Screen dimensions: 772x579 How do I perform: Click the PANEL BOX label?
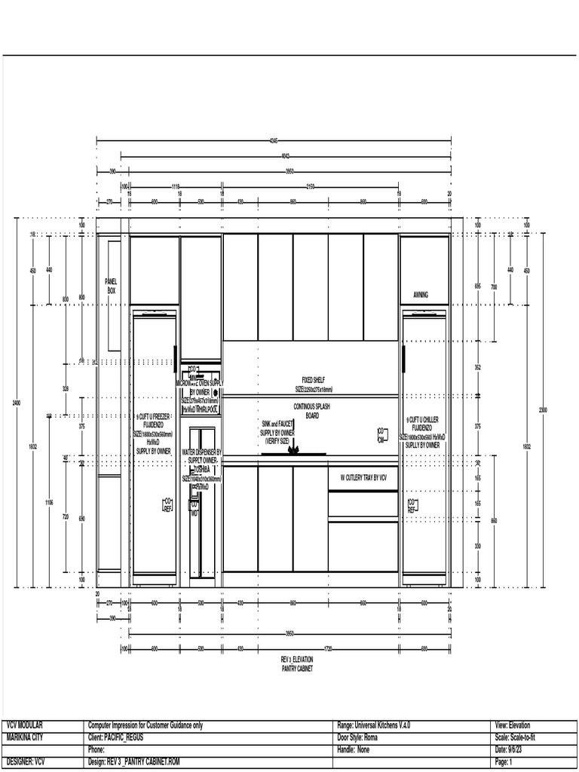coord(111,284)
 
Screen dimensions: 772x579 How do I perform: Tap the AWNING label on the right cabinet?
coord(421,295)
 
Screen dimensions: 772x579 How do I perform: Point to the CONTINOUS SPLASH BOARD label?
coord(312,410)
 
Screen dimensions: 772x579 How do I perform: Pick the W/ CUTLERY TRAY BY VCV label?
coord(363,477)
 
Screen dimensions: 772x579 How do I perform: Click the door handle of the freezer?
coord(175,355)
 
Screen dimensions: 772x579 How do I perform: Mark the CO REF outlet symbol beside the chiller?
coord(412,505)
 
